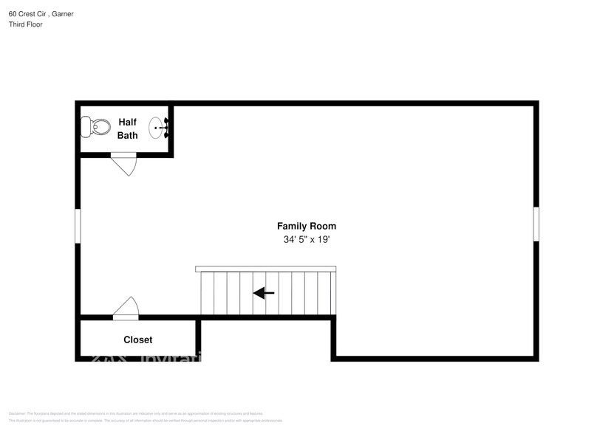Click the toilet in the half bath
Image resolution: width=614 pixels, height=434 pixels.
click(x=97, y=128)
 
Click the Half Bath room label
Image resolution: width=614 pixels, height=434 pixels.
click(x=127, y=128)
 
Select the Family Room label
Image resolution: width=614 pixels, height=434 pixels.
click(x=306, y=226)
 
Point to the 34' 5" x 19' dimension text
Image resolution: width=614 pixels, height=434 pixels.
click(x=306, y=240)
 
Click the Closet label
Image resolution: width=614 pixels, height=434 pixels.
click(x=137, y=340)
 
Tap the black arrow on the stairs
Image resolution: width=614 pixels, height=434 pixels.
click(x=264, y=293)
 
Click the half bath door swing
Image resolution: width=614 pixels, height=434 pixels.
click(x=125, y=164)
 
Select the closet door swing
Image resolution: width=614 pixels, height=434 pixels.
click(x=126, y=307)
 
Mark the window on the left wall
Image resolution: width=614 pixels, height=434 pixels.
click(x=78, y=225)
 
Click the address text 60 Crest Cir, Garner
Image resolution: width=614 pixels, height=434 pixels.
click(x=41, y=13)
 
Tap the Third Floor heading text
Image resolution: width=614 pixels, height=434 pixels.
click(x=26, y=24)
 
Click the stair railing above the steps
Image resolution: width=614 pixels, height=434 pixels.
click(x=265, y=269)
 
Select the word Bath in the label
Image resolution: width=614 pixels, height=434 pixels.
click(x=127, y=135)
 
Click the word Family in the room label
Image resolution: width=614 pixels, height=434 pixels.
click(x=291, y=226)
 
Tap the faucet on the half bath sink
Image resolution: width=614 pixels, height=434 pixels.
click(x=166, y=128)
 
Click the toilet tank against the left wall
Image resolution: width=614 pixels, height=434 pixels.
click(x=85, y=128)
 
